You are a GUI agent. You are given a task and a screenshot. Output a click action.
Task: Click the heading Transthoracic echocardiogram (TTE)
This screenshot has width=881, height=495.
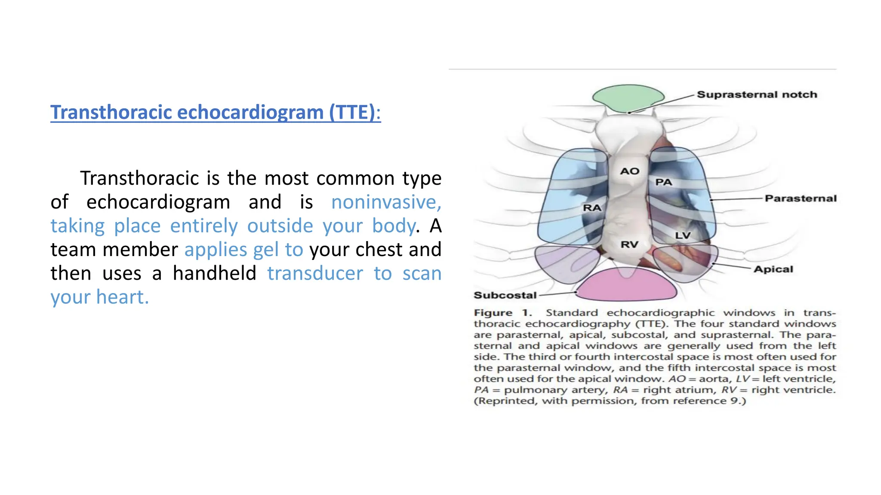pyautogui.click(x=215, y=113)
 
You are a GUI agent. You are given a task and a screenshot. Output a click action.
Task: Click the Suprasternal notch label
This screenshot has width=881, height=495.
pyautogui.click(x=756, y=95)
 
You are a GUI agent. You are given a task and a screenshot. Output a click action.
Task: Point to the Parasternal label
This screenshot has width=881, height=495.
pyautogui.click(x=800, y=199)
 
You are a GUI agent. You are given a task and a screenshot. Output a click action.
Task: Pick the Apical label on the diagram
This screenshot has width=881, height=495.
pyautogui.click(x=773, y=269)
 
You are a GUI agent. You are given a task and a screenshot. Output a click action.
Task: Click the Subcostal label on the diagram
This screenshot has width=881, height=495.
pyautogui.click(x=505, y=295)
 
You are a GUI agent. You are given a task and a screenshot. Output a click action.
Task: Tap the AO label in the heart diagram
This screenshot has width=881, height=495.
pyautogui.click(x=629, y=171)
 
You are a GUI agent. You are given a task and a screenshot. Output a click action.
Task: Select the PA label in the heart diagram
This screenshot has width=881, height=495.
pyautogui.click(x=663, y=182)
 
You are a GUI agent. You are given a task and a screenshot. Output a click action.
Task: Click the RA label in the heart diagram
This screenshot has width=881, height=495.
pyautogui.click(x=591, y=208)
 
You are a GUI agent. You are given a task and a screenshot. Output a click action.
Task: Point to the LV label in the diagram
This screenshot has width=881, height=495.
pyautogui.click(x=682, y=235)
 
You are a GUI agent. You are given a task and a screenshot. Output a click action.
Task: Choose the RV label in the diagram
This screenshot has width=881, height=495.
pyautogui.click(x=629, y=245)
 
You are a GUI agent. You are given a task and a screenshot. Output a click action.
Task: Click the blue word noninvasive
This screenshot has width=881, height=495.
pyautogui.click(x=386, y=202)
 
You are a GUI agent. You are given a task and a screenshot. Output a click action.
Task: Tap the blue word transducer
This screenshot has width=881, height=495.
pyautogui.click(x=315, y=274)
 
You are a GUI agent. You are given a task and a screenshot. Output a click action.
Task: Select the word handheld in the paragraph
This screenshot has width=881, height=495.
pyautogui.click(x=214, y=274)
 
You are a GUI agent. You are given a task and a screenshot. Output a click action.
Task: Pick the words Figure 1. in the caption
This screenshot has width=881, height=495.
pyautogui.click(x=502, y=313)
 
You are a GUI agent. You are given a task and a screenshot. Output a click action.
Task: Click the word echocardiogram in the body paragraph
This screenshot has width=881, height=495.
pyautogui.click(x=158, y=202)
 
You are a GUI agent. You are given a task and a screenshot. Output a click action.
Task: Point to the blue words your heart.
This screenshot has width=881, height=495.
pyautogui.click(x=99, y=297)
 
